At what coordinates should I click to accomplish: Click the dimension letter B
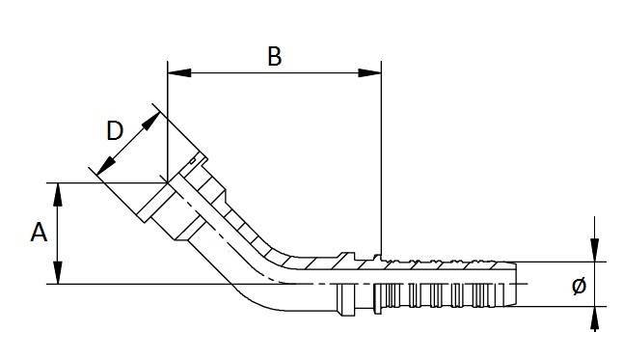[274, 57]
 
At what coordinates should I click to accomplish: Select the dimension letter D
[114, 132]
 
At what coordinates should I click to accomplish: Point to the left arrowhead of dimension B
[176, 72]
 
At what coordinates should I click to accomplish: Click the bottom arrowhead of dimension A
[60, 276]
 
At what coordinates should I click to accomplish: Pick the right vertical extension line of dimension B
[382, 164]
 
